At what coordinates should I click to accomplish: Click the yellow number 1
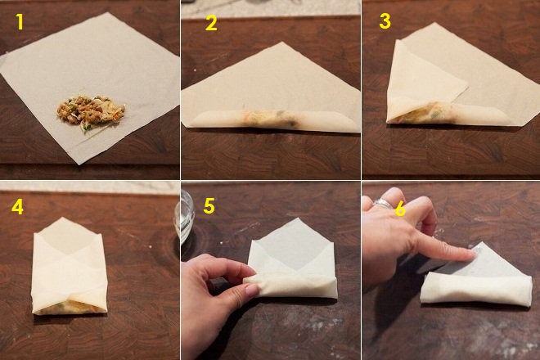(x=20, y=22)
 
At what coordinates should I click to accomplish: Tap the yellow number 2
(x=211, y=23)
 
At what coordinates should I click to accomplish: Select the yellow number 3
(x=385, y=21)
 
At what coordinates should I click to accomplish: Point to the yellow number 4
(x=17, y=207)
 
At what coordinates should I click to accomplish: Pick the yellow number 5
(x=209, y=205)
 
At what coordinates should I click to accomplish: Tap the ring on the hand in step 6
(x=382, y=203)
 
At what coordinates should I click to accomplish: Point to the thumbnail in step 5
(x=252, y=290)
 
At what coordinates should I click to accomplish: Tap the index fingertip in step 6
(x=472, y=254)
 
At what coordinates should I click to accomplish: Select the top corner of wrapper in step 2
(x=282, y=43)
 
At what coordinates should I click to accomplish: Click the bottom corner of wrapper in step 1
(x=79, y=164)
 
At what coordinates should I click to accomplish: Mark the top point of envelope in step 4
(x=62, y=218)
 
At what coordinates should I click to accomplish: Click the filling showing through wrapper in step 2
(x=268, y=118)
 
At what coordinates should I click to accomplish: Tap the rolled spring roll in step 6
(x=475, y=290)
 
